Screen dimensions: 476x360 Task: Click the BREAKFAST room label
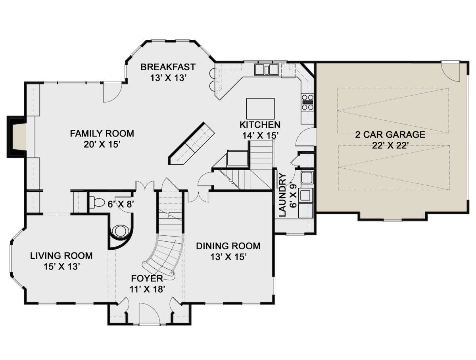168,67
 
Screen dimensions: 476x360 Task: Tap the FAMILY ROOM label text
102,133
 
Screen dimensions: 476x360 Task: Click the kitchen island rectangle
261,109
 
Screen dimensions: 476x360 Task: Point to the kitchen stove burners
307,102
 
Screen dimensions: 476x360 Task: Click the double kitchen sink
267,69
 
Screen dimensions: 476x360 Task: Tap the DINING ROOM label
228,246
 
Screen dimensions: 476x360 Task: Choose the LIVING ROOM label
61,256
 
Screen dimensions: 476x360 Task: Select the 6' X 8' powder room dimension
120,204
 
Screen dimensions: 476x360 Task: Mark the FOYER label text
147,278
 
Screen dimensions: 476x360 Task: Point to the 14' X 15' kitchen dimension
260,136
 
